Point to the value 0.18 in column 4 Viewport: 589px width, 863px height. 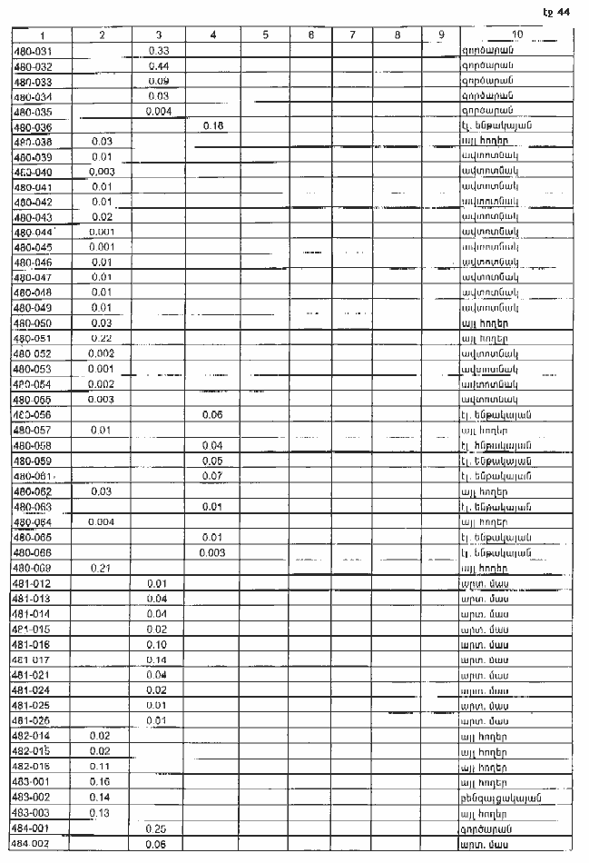pos(212,125)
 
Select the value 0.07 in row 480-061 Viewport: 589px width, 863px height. pos(212,476)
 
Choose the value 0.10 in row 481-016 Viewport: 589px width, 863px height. pos(159,644)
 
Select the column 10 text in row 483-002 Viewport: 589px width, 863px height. pos(502,798)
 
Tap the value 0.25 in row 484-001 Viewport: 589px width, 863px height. pos(159,828)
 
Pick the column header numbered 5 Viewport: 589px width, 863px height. pos(265,35)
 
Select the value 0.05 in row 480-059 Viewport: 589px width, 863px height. pos(212,461)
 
